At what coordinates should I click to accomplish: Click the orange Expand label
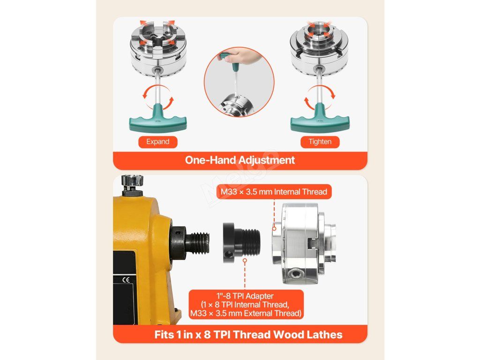(x=157, y=142)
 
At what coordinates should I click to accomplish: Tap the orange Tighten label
(x=320, y=142)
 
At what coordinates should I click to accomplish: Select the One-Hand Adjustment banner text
(x=240, y=160)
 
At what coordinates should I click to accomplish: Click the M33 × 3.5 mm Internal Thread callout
(x=274, y=192)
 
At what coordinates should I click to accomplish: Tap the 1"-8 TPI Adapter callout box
(x=246, y=305)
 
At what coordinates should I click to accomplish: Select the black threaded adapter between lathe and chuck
(x=241, y=243)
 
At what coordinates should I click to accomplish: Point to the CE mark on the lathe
(x=126, y=279)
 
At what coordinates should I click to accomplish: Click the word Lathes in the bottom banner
(x=324, y=334)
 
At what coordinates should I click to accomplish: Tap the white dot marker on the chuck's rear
(x=274, y=228)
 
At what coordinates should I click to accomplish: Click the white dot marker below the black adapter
(x=245, y=261)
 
